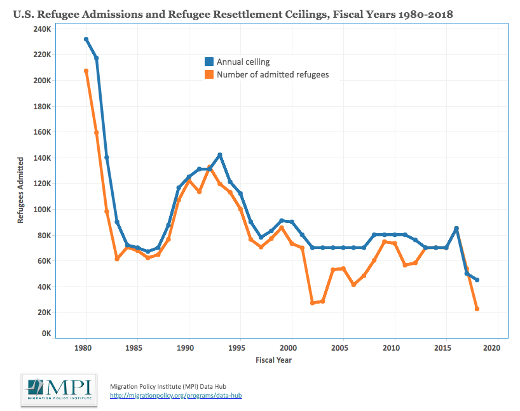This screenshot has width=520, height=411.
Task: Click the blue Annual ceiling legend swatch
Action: click(209, 62)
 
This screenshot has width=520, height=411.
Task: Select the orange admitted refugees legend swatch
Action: click(209, 74)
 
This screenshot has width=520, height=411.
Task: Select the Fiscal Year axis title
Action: click(274, 360)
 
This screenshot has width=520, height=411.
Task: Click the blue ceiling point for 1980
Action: click(86, 39)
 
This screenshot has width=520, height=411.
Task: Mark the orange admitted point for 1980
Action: click(86, 71)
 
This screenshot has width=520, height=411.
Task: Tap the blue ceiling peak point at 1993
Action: click(219, 155)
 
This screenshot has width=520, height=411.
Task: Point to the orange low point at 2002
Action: click(312, 303)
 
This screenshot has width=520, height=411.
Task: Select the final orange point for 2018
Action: click(477, 309)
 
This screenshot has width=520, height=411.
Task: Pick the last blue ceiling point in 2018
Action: click(477, 280)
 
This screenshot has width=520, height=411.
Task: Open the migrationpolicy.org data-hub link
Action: click(176, 396)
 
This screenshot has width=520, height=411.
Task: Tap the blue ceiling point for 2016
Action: click(456, 229)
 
